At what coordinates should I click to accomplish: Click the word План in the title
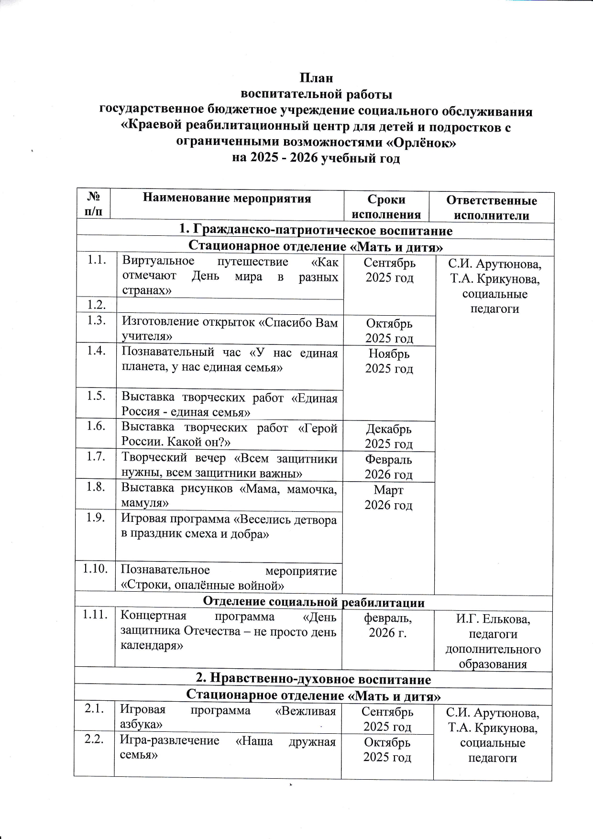tap(316, 78)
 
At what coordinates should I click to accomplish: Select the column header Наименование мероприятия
tap(227, 198)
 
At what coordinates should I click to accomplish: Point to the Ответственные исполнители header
tap(491, 208)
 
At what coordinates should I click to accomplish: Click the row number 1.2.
tap(96, 305)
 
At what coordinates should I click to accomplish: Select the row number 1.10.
tap(95, 569)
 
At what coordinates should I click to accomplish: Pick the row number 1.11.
tap(94, 615)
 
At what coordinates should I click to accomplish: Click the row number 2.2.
tap(94, 740)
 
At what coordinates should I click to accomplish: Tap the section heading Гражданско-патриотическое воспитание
tap(316, 231)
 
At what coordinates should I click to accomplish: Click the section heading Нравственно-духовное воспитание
tap(314, 679)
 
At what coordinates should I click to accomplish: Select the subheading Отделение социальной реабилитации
tap(314, 602)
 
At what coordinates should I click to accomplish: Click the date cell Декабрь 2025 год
tap(389, 436)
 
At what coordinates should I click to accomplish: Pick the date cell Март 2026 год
tap(388, 497)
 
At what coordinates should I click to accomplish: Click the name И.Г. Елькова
tap(493, 619)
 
